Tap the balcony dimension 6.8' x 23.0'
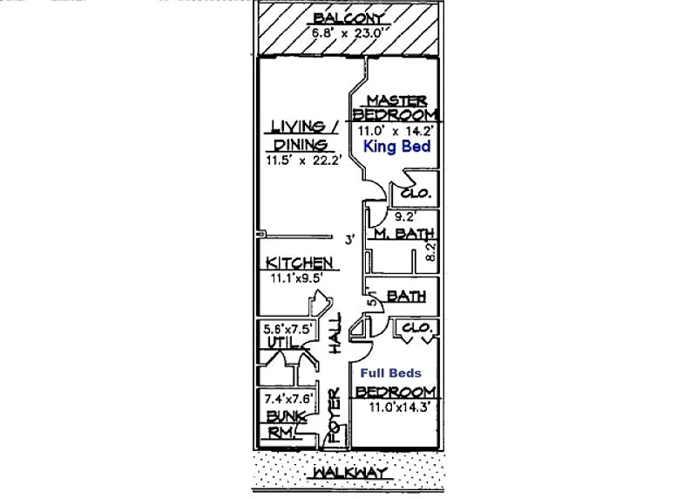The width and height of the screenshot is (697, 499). click(x=348, y=33)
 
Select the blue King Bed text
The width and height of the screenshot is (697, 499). click(x=397, y=147)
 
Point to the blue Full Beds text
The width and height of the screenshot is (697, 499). click(x=390, y=373)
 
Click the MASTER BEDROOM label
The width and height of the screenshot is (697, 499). click(x=395, y=107)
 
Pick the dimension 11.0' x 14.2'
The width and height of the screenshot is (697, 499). click(x=396, y=132)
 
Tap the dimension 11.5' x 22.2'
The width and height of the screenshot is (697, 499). click(x=304, y=161)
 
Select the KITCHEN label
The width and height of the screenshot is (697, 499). click(x=299, y=263)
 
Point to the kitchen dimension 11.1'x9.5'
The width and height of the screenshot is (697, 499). click(x=297, y=278)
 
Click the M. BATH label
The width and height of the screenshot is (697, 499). click(x=403, y=233)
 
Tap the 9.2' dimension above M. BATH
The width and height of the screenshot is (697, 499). click(x=405, y=216)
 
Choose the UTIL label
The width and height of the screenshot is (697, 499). click(x=282, y=342)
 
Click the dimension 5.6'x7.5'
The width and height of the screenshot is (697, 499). click(x=288, y=330)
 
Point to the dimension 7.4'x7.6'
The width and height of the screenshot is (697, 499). click(x=289, y=399)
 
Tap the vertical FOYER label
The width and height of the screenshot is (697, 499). click(x=334, y=415)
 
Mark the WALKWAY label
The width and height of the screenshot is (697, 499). click(x=350, y=473)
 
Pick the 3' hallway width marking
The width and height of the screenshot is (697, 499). click(x=350, y=240)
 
